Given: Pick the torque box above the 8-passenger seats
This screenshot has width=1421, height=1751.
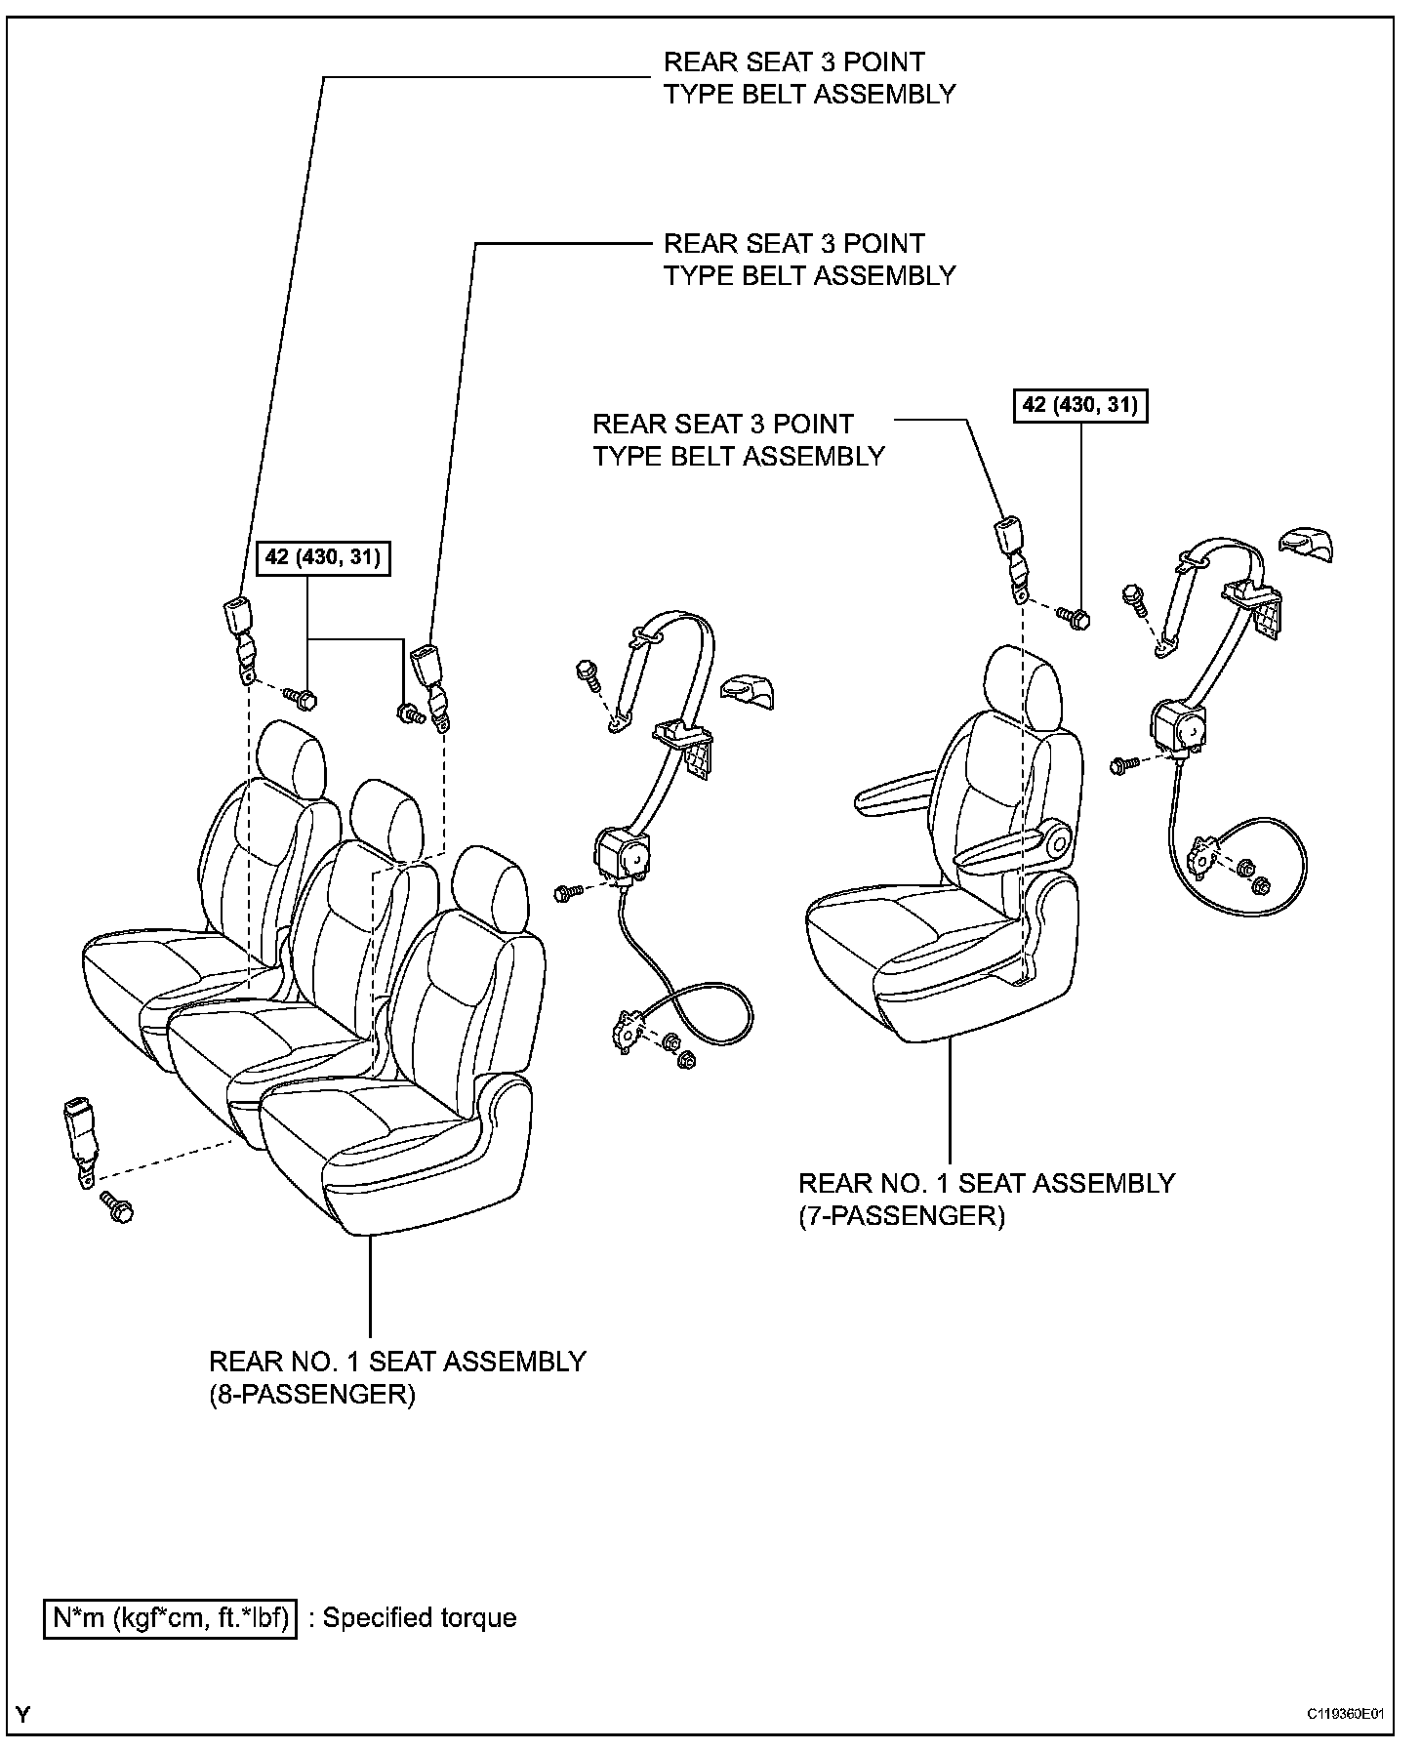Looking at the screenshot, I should click(322, 558).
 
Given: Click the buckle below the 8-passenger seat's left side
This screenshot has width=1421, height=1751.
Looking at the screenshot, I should click(79, 1132).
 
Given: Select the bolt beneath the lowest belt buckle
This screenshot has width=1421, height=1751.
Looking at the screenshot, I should click(118, 1210).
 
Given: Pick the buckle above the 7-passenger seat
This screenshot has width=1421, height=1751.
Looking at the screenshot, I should click(1009, 550).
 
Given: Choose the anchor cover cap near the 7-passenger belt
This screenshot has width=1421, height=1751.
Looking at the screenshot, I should click(1307, 545).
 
